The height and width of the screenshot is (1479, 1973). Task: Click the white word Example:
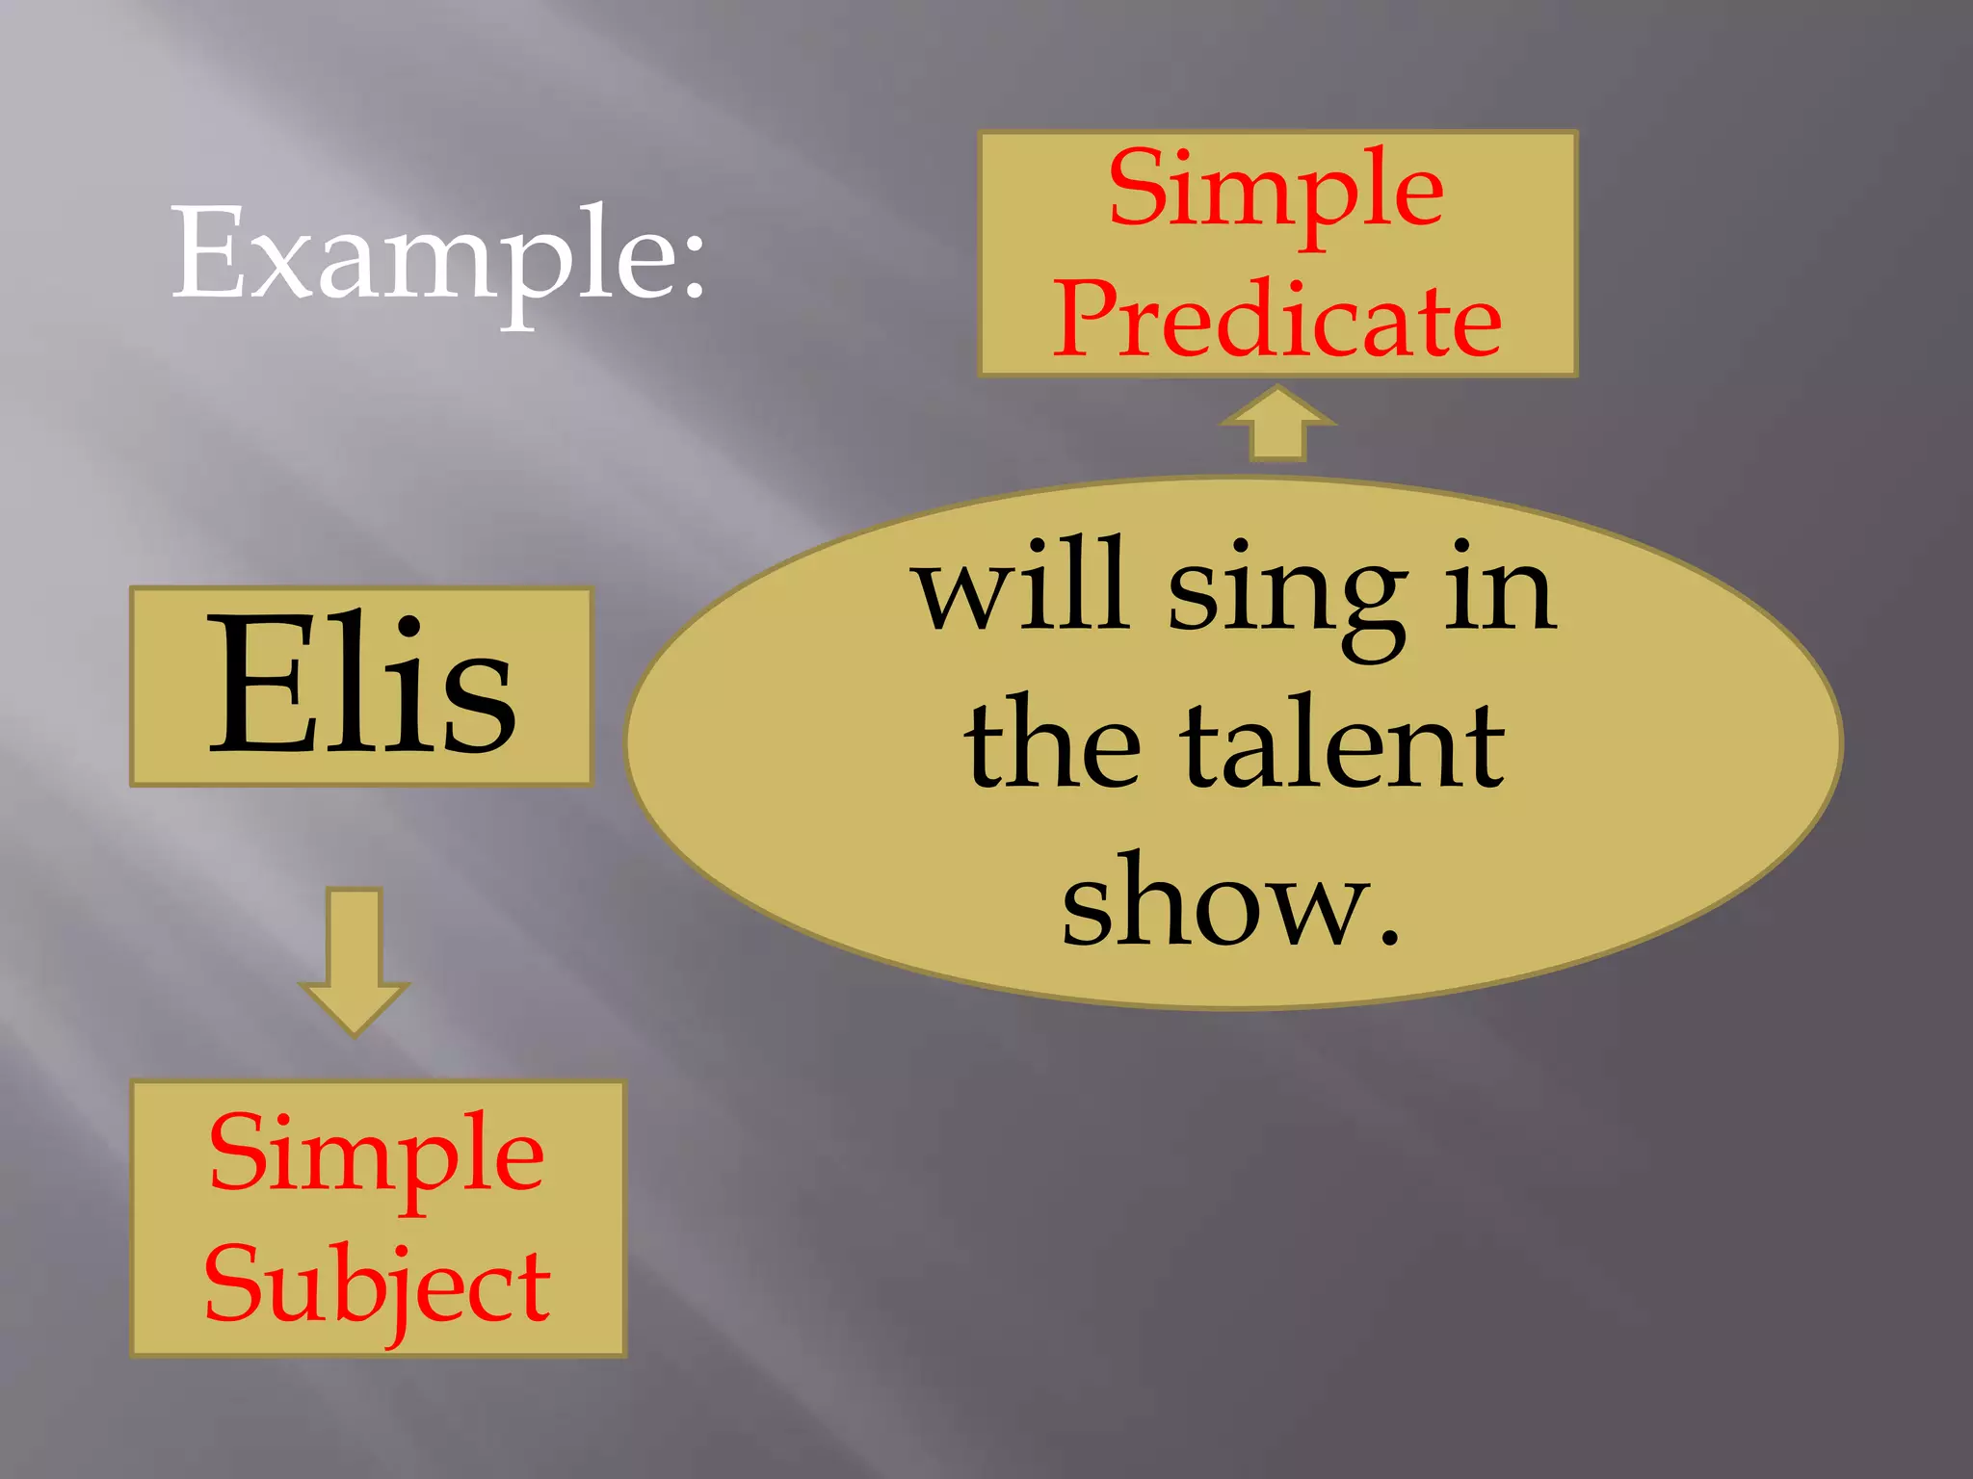point(438,255)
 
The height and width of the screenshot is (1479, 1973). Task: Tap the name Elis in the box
point(361,686)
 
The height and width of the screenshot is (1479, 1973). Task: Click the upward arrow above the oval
point(1277,424)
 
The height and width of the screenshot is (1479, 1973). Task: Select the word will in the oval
point(1023,585)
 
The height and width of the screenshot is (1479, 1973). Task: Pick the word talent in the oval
point(1344,745)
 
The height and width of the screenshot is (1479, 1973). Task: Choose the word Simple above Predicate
point(1276,190)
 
